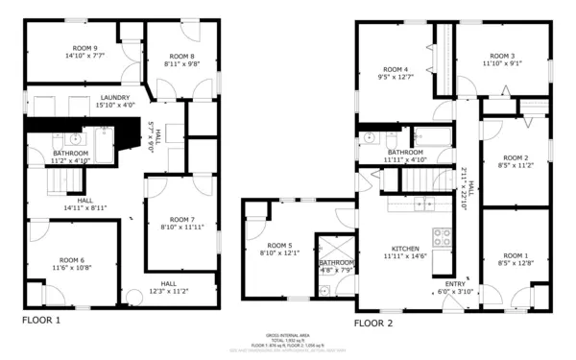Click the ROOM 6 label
(x=71, y=260)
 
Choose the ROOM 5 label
(x=279, y=245)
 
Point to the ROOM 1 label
(x=516, y=254)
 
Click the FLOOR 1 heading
(x=41, y=320)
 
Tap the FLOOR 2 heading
(x=373, y=324)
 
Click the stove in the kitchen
(x=443, y=236)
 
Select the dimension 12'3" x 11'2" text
(x=167, y=291)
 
